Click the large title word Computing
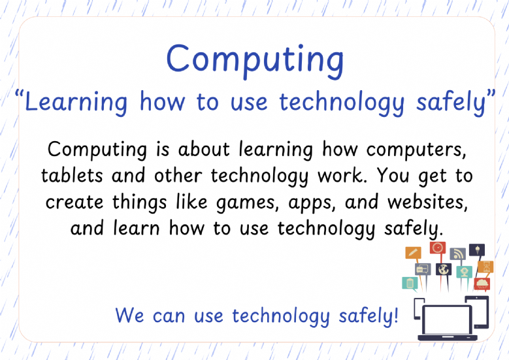click(255, 60)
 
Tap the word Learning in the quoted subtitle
click(76, 103)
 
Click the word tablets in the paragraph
click(72, 175)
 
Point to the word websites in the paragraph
click(428, 202)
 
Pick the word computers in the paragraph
click(416, 150)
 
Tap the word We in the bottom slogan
click(129, 315)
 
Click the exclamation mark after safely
click(395, 315)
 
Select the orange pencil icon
click(413, 253)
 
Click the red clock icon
click(438, 248)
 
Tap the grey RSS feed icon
click(457, 254)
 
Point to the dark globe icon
click(444, 269)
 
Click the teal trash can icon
click(410, 283)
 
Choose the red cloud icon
click(482, 284)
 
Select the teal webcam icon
click(464, 272)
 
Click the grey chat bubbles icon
click(423, 269)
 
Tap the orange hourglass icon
click(485, 267)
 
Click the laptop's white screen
click(447, 319)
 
